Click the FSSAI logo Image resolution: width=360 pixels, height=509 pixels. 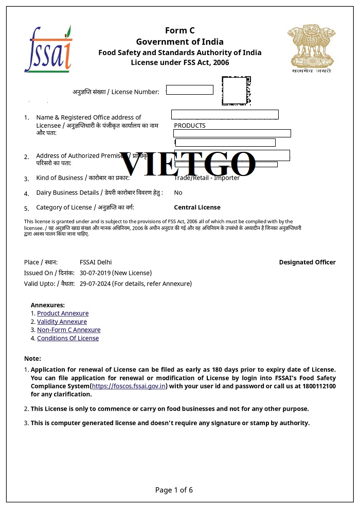pyautogui.click(x=48, y=49)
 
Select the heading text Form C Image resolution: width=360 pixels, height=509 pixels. pyautogui.click(x=179, y=30)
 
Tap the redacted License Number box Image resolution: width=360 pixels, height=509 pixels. pyautogui.click(x=189, y=90)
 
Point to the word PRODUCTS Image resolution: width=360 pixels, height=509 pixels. pyautogui.click(x=190, y=126)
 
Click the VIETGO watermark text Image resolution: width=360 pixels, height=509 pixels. pyautogui.click(x=187, y=164)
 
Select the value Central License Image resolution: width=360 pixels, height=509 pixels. pyautogui.click(x=197, y=207)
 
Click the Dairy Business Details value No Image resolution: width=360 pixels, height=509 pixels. pyautogui.click(x=178, y=192)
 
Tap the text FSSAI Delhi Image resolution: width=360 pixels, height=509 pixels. pyautogui.click(x=96, y=262)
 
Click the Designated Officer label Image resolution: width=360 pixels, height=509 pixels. pyautogui.click(x=307, y=262)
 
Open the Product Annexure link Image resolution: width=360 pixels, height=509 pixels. pyautogui.click(x=63, y=313)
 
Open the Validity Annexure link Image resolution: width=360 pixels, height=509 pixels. pyautogui.click(x=62, y=322)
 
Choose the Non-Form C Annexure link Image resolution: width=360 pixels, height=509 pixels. pyautogui.click(x=68, y=330)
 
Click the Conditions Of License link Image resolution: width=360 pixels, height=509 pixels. pyautogui.click(x=68, y=338)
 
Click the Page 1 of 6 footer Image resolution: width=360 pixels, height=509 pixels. pyautogui.click(x=174, y=490)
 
